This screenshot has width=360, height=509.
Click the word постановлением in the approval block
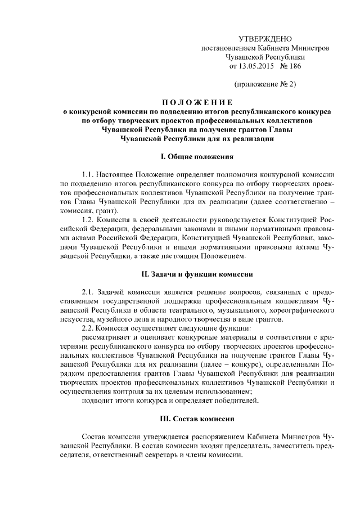click(x=228, y=48)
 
